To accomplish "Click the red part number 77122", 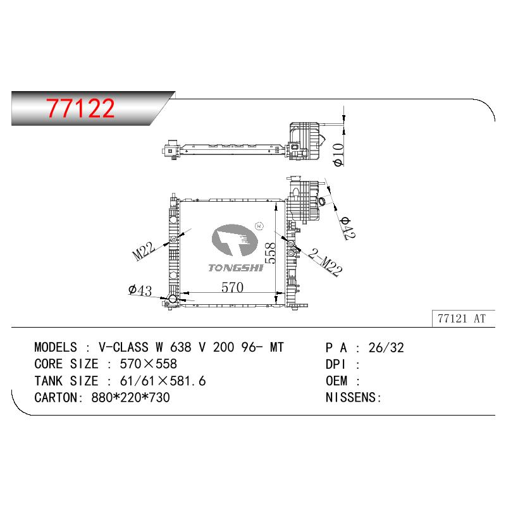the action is pos(80,108).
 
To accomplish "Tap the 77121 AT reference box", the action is pos(463,319).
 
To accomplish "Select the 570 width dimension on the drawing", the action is pos(232,287).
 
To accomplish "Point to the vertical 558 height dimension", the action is pos(270,254).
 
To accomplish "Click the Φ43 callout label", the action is pos(140,290).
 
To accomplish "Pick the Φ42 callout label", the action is pos(348,228).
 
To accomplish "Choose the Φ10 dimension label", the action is pos(338,155).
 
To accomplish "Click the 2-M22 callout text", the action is pos(325,262).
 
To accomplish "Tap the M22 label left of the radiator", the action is pos(144,251).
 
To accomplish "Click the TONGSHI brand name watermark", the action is pos(235,268).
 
